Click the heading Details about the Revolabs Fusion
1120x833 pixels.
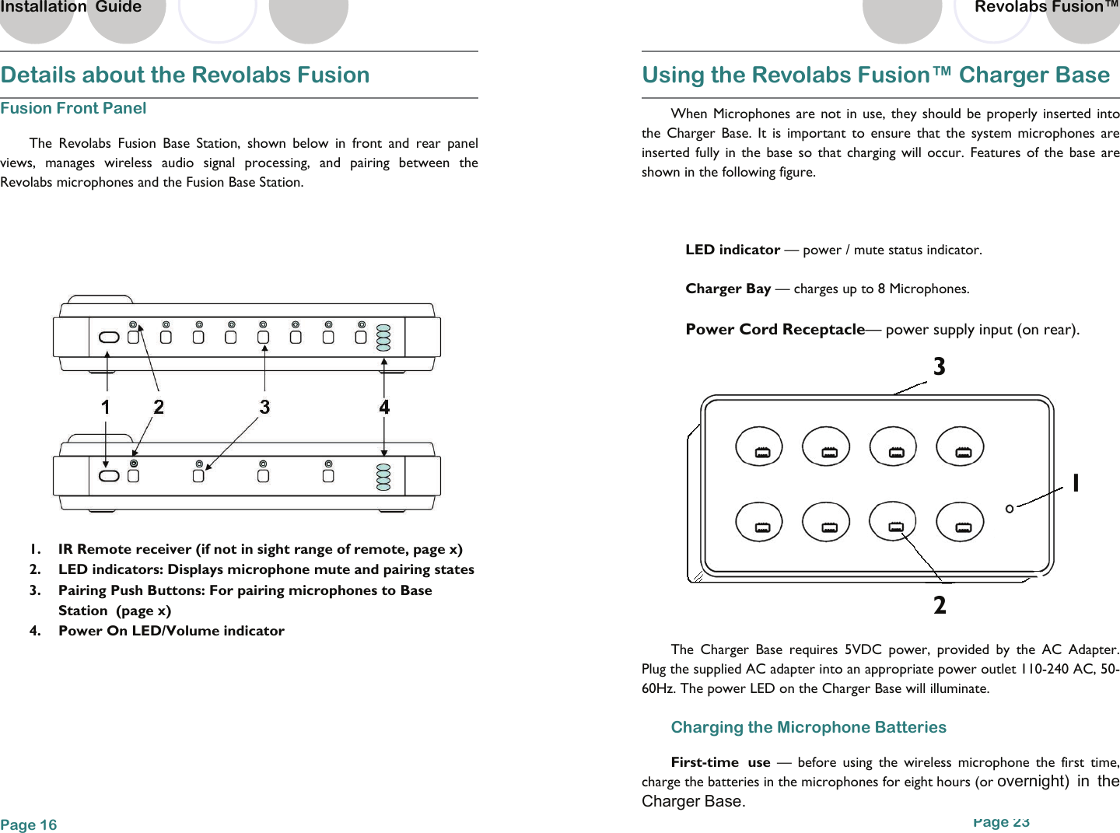tap(185, 75)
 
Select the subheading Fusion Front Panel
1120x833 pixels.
tap(73, 108)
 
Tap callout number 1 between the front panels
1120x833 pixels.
tap(106, 407)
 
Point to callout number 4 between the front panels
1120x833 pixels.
tap(384, 407)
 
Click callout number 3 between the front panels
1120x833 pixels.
tap(264, 407)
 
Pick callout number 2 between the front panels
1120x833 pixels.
tap(159, 407)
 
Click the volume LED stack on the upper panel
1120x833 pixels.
tap(383, 338)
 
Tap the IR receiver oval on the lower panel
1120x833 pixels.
tap(110, 476)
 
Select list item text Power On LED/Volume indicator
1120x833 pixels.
tap(171, 631)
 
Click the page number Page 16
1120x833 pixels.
tap(29, 824)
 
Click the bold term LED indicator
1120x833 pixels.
tap(732, 250)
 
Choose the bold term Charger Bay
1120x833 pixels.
tap(728, 289)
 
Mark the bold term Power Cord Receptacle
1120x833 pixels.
tap(775, 329)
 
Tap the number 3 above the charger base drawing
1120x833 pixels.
tap(940, 366)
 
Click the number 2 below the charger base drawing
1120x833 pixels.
tap(940, 605)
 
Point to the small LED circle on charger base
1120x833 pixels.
tap(1010, 509)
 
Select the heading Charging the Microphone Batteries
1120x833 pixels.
tap(808, 727)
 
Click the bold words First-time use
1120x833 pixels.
tap(720, 762)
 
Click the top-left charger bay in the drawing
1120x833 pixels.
tap(759, 446)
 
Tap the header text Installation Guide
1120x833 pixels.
tap(71, 7)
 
